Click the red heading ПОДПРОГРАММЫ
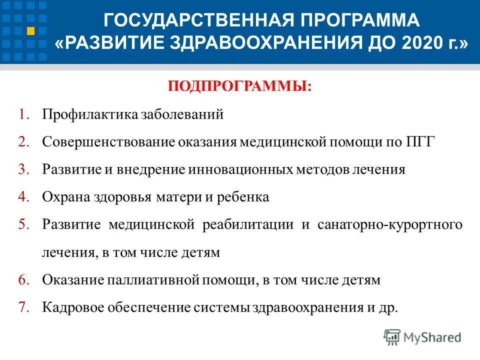click(x=239, y=86)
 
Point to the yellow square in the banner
click(x=31, y=31)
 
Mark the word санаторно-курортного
click(x=390, y=224)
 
